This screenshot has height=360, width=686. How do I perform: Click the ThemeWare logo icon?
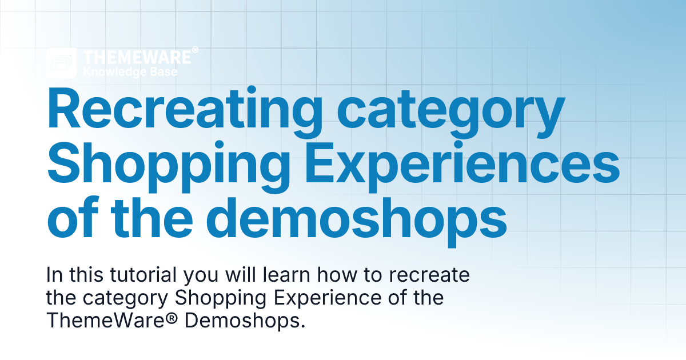pos(62,63)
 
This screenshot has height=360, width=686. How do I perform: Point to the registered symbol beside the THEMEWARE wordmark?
pos(195,51)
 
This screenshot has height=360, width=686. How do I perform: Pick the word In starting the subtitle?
pos(54,275)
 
